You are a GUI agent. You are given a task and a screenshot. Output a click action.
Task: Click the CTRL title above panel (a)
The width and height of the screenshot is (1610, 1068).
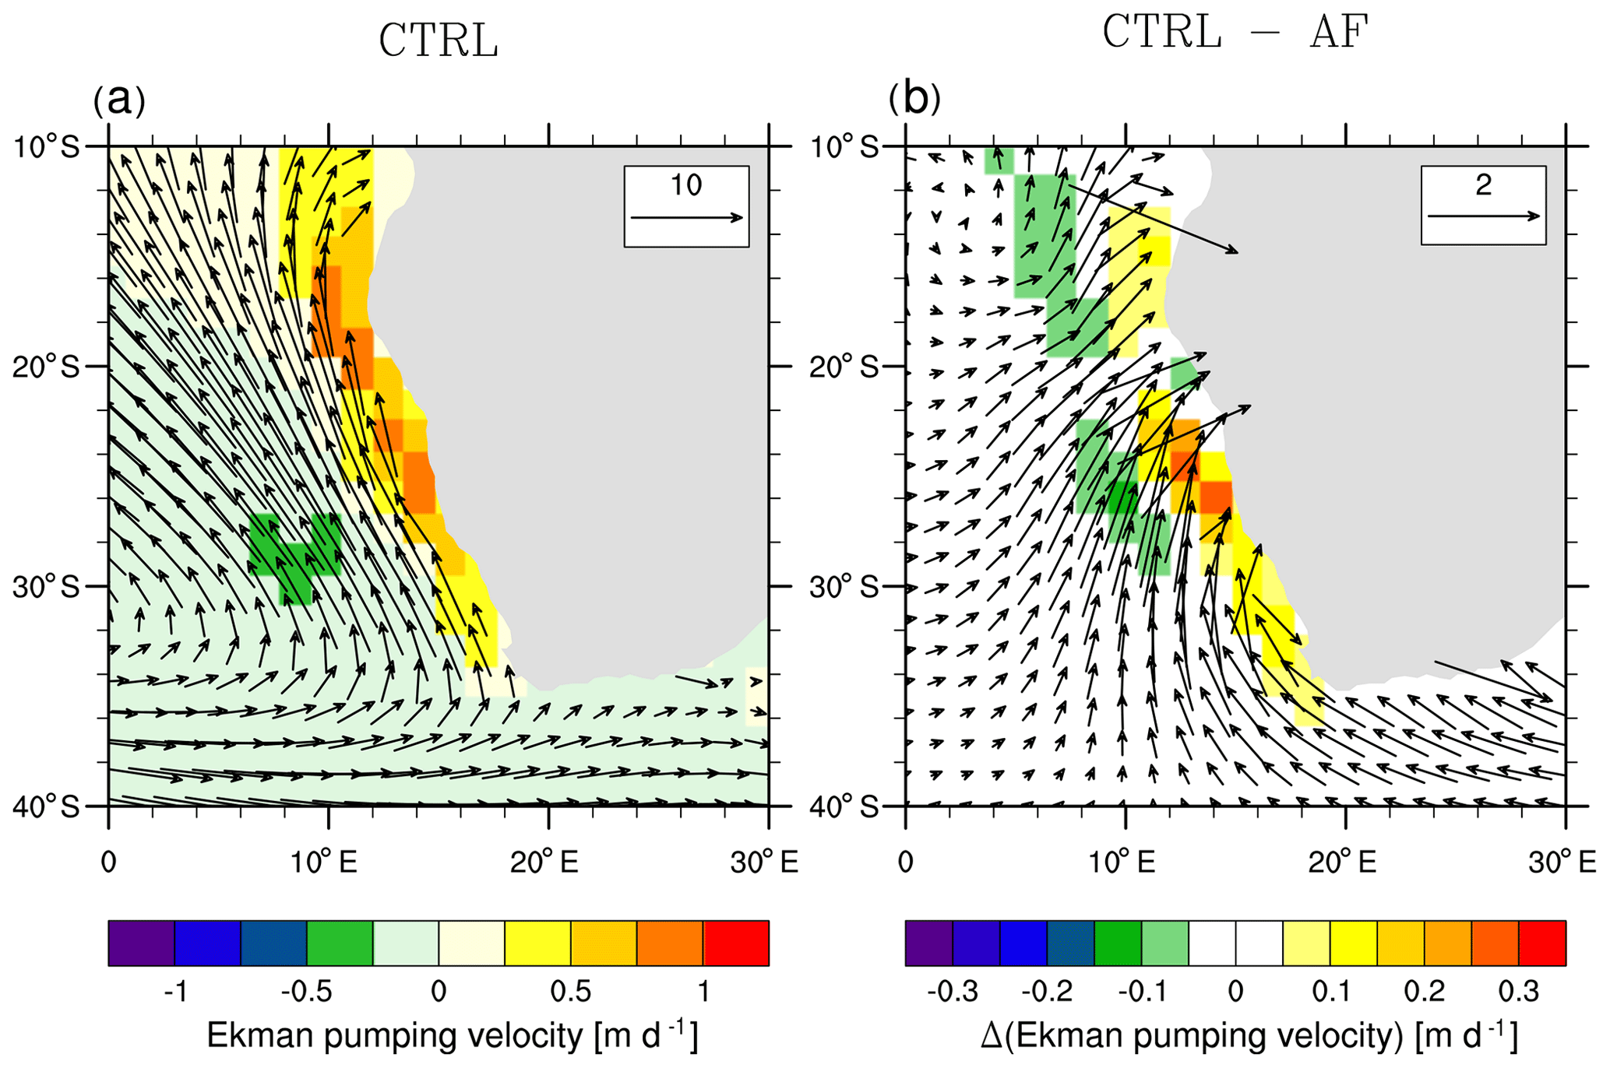[x=438, y=41]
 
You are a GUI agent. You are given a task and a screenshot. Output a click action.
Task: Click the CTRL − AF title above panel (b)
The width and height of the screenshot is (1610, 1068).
[x=1235, y=33]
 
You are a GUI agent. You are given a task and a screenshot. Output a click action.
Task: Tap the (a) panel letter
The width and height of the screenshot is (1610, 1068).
[x=118, y=100]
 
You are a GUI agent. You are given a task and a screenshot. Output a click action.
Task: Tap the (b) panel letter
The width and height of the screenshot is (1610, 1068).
[x=914, y=99]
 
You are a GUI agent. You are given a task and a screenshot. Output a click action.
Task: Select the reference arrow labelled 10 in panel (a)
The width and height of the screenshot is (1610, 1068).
[x=686, y=218]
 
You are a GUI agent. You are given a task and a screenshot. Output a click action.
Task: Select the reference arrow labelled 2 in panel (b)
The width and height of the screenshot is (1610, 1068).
[x=1483, y=216]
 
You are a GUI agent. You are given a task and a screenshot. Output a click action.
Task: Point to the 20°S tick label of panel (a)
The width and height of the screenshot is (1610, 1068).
[x=46, y=366]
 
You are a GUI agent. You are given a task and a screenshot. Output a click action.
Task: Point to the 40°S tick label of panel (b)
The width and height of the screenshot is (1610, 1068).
[x=844, y=806]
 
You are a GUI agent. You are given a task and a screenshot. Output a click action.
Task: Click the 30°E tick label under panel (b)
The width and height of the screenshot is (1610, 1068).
[x=1565, y=862]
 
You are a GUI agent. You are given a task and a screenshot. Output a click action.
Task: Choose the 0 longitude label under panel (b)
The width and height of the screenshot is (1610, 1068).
[x=905, y=862]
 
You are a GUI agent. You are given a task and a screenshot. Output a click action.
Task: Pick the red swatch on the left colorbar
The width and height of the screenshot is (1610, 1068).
[x=736, y=943]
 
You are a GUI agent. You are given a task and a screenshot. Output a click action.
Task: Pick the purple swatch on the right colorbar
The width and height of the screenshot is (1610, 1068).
[x=928, y=943]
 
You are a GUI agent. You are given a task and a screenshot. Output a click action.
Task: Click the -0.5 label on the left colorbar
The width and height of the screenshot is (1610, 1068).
[x=306, y=992]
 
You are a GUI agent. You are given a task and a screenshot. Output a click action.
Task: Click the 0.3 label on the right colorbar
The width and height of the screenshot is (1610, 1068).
[x=1518, y=992]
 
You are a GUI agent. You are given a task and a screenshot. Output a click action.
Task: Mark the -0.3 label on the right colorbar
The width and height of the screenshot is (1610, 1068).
[x=952, y=992]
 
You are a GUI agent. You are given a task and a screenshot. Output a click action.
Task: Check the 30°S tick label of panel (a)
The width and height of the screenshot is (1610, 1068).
[x=46, y=586]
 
